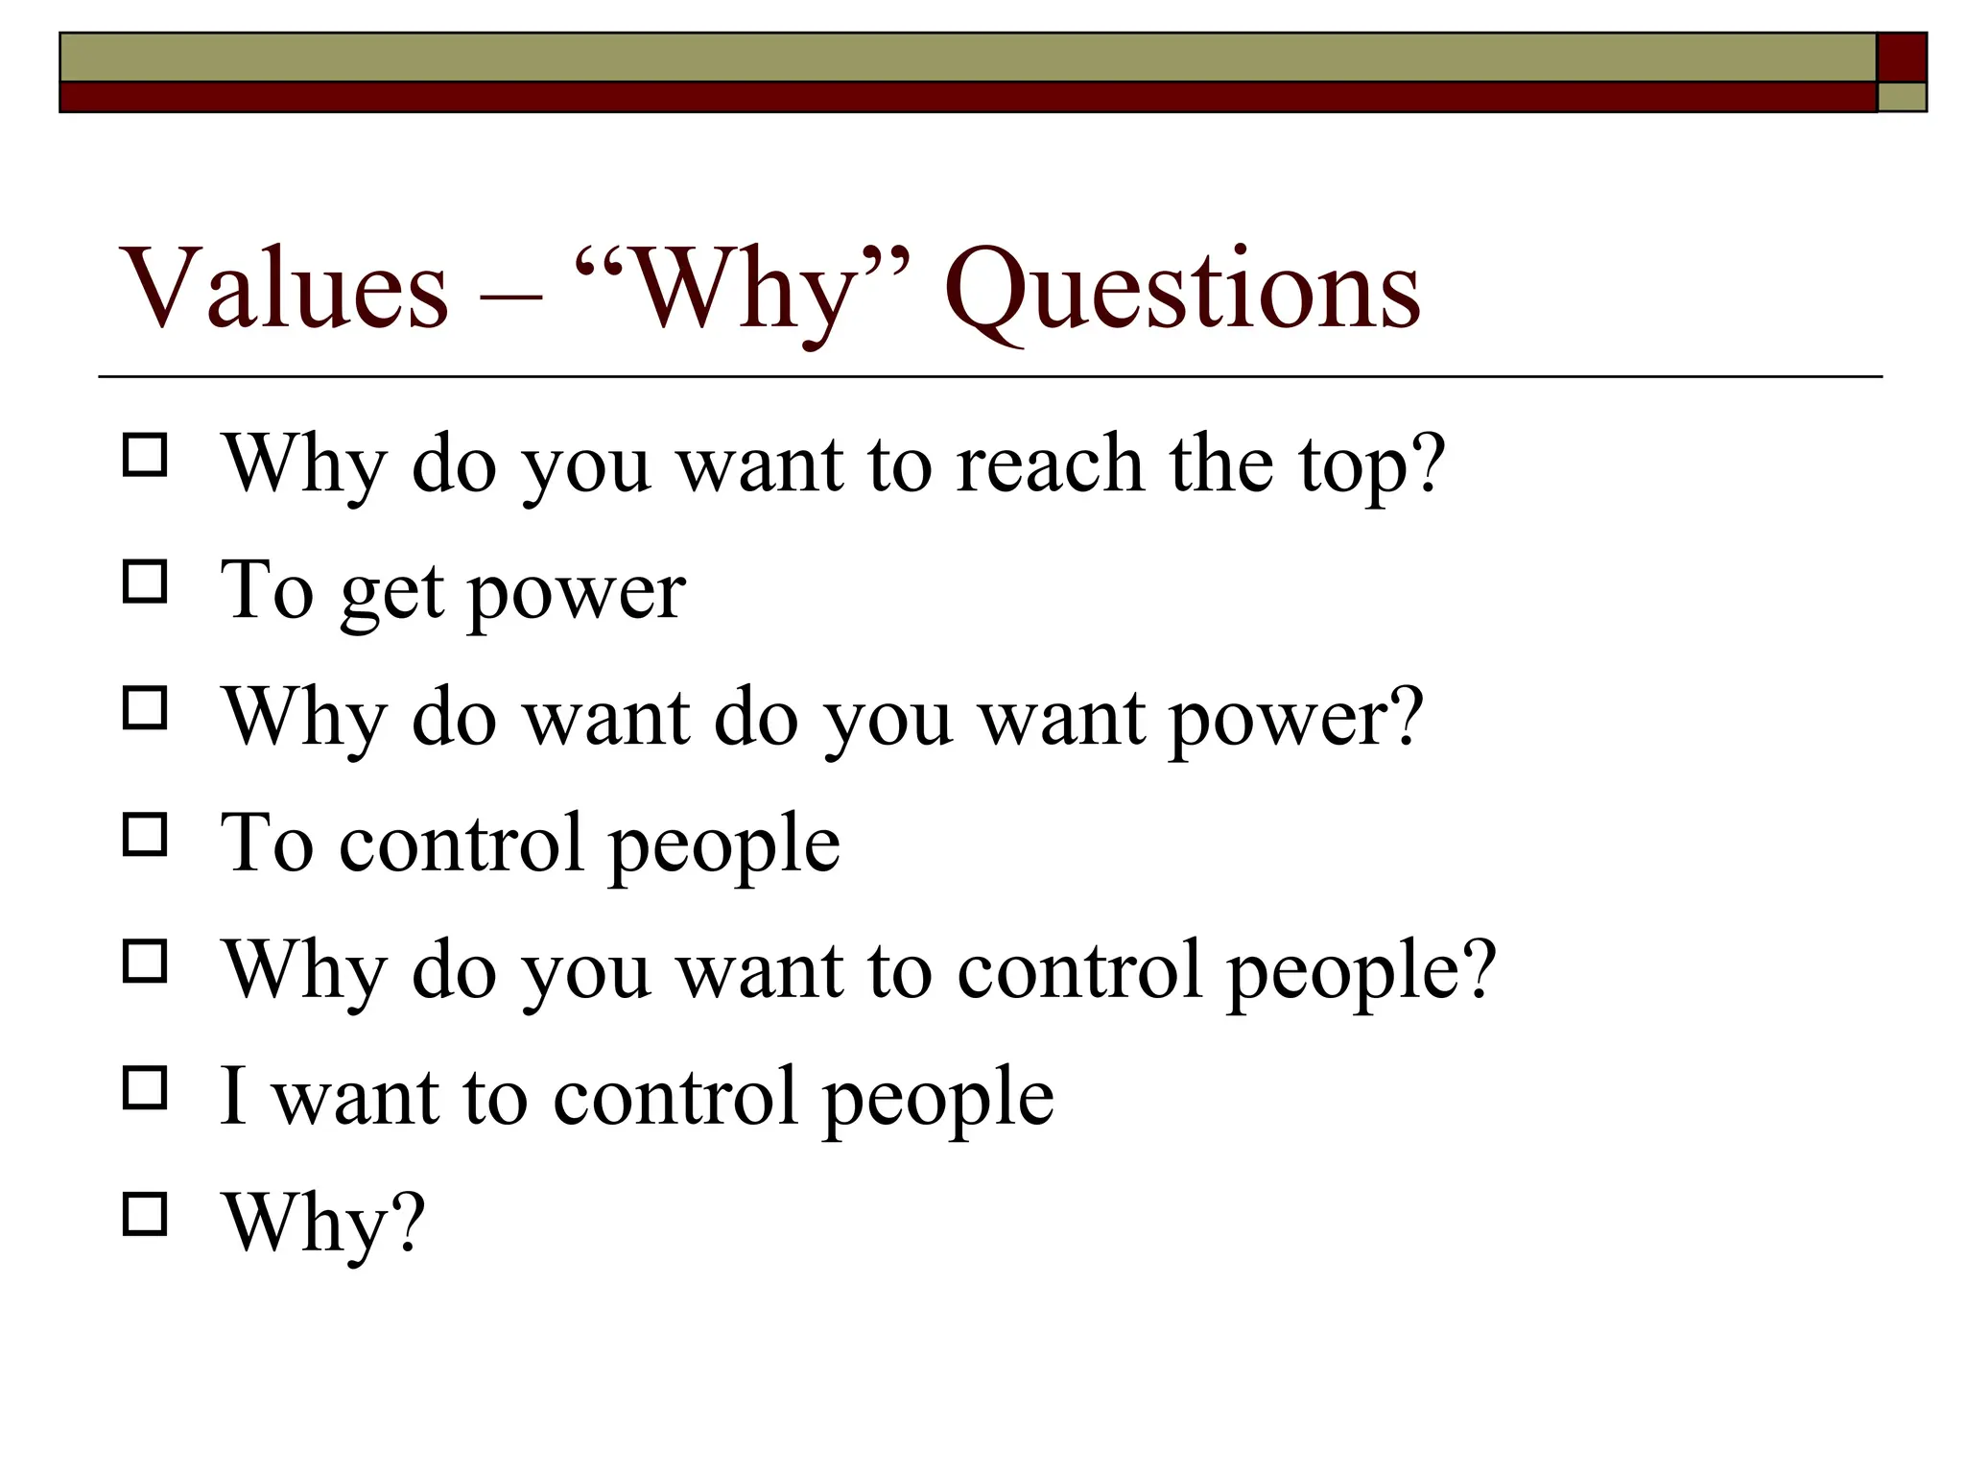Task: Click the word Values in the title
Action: coord(284,288)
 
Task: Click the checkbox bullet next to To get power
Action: coord(145,582)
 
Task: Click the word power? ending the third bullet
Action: coord(1296,721)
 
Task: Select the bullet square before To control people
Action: coord(145,835)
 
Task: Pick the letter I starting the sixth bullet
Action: coord(233,1095)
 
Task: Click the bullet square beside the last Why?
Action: coord(145,1214)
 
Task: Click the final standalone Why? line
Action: coord(324,1224)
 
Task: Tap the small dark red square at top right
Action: coord(1902,58)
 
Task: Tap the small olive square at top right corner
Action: coord(1902,97)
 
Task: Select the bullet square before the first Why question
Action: coord(145,455)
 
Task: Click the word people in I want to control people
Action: coord(938,1099)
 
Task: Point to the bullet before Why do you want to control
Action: coord(145,961)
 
